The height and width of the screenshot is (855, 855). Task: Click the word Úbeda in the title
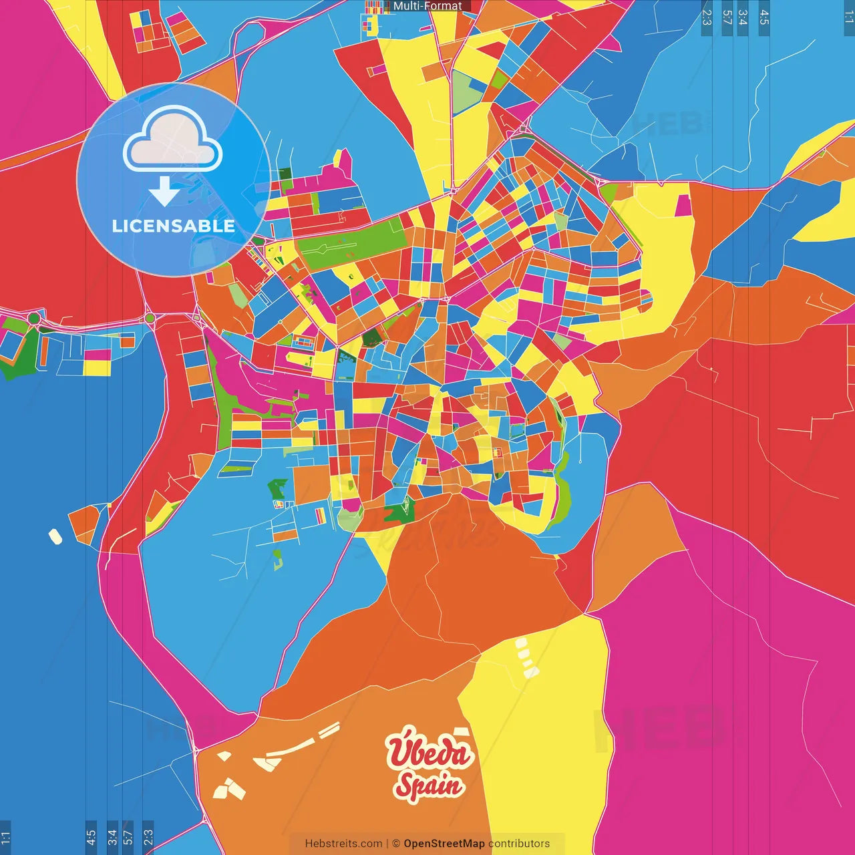(429, 751)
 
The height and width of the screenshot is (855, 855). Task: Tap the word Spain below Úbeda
(427, 785)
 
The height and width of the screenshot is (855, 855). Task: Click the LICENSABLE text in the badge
(174, 226)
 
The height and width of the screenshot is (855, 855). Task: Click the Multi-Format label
(427, 6)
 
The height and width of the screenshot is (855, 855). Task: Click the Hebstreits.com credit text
(343, 844)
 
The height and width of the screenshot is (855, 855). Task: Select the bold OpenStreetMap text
(444, 844)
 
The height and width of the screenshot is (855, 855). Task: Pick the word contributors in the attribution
(519, 844)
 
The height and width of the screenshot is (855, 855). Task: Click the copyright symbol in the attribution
(395, 844)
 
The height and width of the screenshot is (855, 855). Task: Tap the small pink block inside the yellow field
(683, 206)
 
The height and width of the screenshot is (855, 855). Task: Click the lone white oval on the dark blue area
(55, 536)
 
